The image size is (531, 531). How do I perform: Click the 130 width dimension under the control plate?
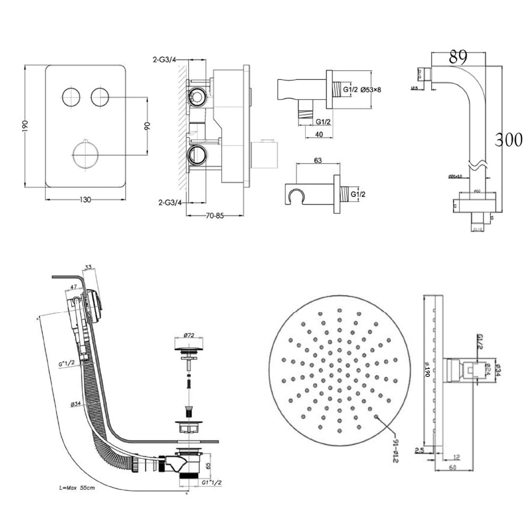tap(85, 200)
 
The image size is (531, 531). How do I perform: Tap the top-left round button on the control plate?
tap(71, 97)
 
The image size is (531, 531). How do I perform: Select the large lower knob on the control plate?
tap(85, 155)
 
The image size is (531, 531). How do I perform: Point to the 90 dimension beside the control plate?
tap(147, 126)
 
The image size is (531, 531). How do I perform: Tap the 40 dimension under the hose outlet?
tap(319, 134)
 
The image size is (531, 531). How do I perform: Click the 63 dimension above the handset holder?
tap(318, 160)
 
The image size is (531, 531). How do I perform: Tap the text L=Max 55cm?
tap(78, 487)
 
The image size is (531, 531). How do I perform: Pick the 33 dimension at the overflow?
tap(88, 267)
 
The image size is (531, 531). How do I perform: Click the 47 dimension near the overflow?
tap(72, 287)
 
